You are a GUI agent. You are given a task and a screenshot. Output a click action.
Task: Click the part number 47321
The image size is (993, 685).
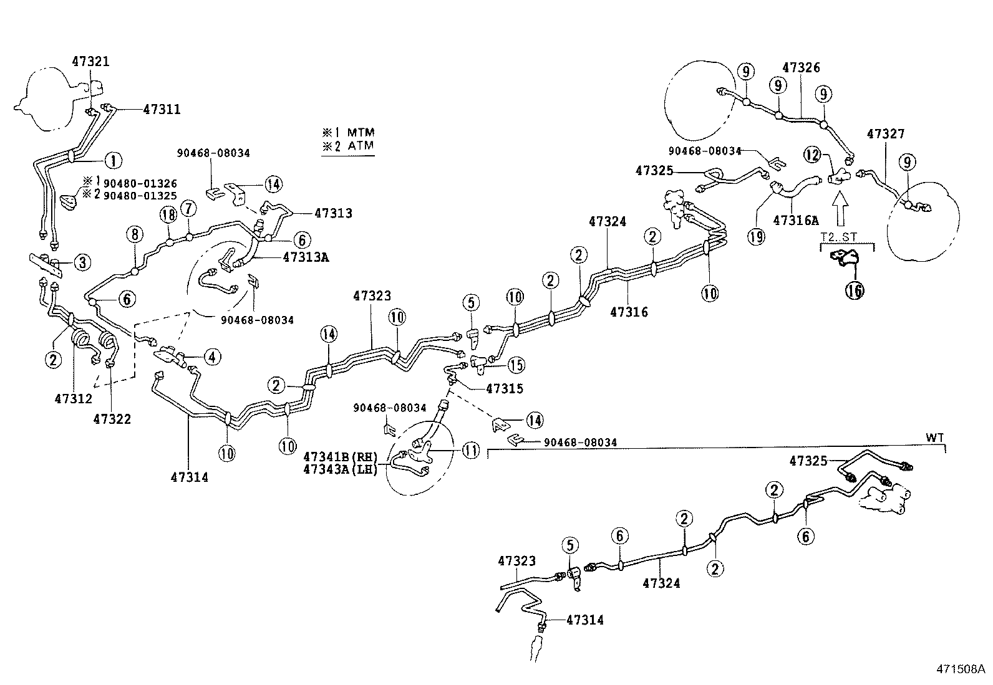tap(90, 62)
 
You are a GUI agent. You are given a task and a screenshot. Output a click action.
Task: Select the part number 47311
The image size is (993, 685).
tap(162, 109)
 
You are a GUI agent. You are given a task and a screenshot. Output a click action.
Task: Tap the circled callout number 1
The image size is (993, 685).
tap(113, 160)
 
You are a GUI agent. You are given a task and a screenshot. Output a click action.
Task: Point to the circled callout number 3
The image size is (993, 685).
tap(82, 262)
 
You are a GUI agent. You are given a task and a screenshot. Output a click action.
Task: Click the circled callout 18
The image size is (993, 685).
tap(168, 215)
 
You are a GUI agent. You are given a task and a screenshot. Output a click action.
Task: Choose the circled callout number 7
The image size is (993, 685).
tap(188, 208)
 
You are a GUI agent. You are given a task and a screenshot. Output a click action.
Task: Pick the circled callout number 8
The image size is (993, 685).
tap(135, 234)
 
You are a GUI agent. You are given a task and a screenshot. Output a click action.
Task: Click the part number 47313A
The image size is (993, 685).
tap(306, 257)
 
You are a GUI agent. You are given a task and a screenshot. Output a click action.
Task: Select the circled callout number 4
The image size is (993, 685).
tap(212, 357)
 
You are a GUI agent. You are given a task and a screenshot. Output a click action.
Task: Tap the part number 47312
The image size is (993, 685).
tap(74, 398)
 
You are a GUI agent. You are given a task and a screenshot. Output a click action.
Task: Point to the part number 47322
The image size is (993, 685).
tap(112, 419)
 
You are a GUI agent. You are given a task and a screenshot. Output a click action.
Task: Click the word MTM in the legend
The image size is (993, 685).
tap(361, 132)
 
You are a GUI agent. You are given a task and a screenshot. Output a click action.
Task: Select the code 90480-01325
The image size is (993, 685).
tap(140, 195)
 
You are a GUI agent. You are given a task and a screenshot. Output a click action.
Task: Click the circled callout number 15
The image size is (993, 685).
tap(516, 365)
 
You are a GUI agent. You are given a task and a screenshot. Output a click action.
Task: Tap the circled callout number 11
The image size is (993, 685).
tap(471, 451)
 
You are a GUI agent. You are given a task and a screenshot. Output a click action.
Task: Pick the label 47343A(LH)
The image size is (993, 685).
tap(341, 469)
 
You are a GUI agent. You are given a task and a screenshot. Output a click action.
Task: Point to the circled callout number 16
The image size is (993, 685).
tap(855, 290)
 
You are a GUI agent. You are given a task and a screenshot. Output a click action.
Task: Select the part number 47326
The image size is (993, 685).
tap(801, 67)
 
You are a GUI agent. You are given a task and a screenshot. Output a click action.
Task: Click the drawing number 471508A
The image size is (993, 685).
tap(961, 669)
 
